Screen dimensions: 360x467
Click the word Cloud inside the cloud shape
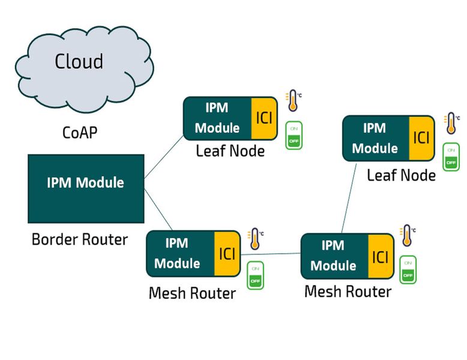(x=79, y=61)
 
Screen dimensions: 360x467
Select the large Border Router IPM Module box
(x=86, y=188)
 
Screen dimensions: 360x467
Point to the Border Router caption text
(x=80, y=240)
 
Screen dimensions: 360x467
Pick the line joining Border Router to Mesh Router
(x=158, y=209)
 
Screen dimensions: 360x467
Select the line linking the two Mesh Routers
(x=271, y=254)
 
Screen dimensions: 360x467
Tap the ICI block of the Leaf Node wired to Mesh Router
(x=421, y=138)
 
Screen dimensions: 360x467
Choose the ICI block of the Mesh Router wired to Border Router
(x=226, y=253)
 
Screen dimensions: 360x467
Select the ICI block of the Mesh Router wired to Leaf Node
(x=381, y=256)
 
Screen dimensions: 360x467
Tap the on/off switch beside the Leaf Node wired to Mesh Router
(x=451, y=157)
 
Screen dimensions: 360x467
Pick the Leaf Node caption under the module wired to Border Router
(x=230, y=151)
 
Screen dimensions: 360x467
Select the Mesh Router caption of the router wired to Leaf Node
(x=348, y=292)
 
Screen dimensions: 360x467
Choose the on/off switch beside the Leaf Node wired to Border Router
(x=294, y=136)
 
